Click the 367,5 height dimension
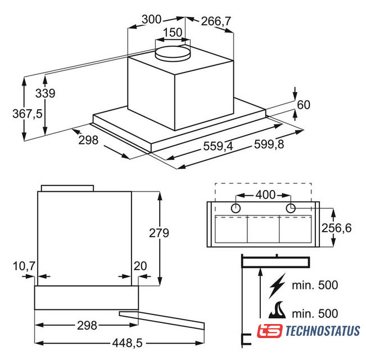point(28,114)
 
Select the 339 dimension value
point(46,93)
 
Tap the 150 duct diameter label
point(173,32)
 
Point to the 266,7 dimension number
point(216,21)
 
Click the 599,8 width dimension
point(269,144)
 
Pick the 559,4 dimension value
point(218,146)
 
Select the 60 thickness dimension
point(304,105)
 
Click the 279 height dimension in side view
point(159,233)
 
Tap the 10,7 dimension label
point(24,266)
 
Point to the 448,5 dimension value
point(127,343)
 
